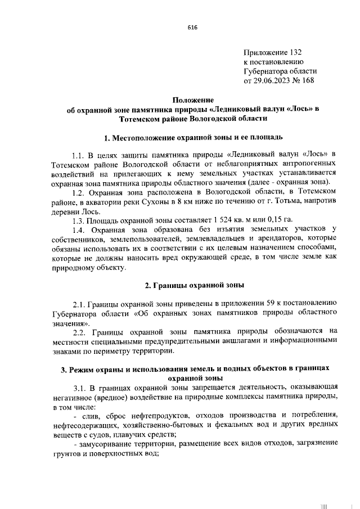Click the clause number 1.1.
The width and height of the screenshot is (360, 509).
pyautogui.click(x=78, y=154)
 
